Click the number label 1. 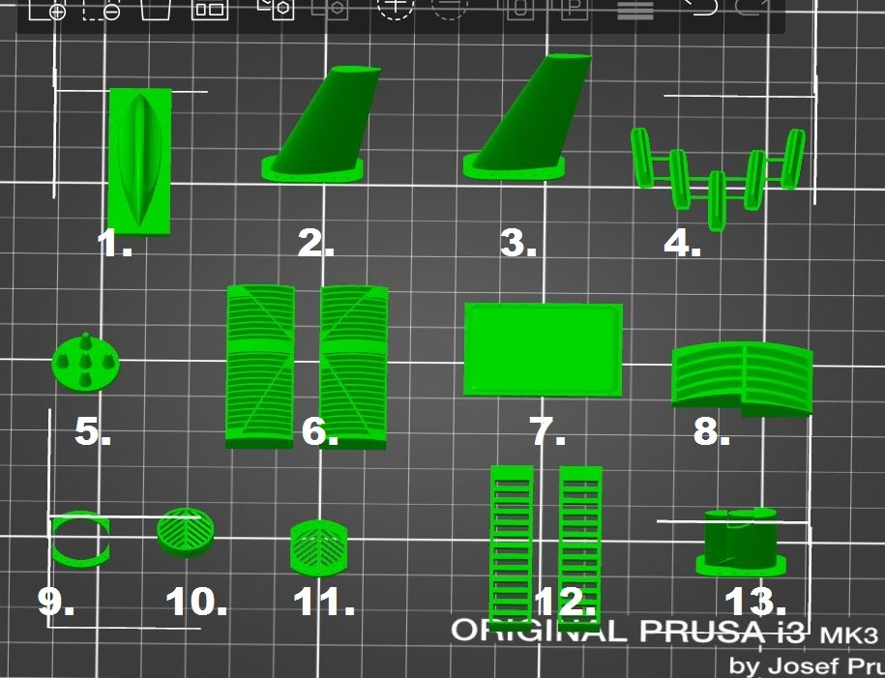coord(114,244)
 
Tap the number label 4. coord(683,244)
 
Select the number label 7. coord(547,431)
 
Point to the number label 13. coord(755,601)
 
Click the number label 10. coord(196,602)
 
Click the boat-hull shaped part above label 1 coord(139,161)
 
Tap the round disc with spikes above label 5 coord(85,363)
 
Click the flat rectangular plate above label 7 coord(543,349)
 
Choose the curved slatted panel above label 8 coord(742,378)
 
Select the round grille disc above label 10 coord(185,532)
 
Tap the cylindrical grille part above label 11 coord(319,548)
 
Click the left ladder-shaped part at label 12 coord(512,546)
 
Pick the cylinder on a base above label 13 coord(741,543)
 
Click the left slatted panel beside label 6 coord(260,367)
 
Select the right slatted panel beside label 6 coord(354,368)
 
